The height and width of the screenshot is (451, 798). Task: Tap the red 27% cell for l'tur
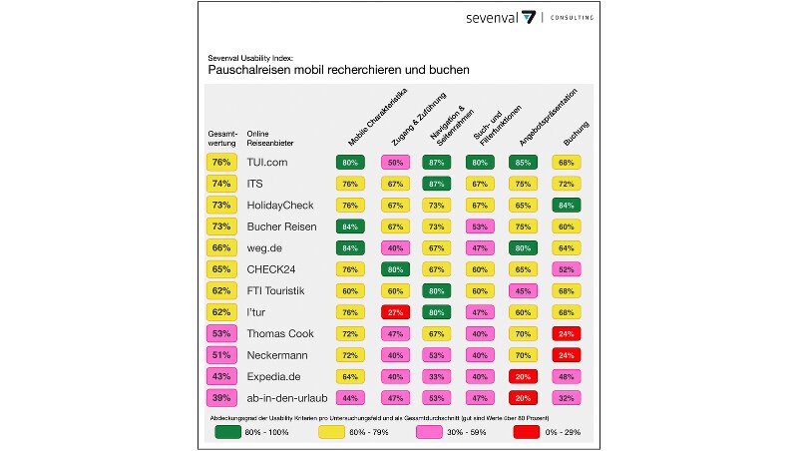click(394, 311)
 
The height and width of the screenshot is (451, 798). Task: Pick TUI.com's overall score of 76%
click(221, 162)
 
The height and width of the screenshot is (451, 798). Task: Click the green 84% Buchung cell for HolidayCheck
click(566, 205)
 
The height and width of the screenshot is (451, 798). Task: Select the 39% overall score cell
click(221, 396)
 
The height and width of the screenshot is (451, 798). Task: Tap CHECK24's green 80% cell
click(394, 268)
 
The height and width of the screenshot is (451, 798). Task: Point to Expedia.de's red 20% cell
click(522, 375)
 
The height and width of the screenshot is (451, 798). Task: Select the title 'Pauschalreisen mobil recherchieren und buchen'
click(338, 71)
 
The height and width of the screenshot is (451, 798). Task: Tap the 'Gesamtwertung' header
click(221, 138)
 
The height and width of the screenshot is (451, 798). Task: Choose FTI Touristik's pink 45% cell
click(522, 290)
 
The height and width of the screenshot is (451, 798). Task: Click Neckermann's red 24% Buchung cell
click(566, 354)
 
